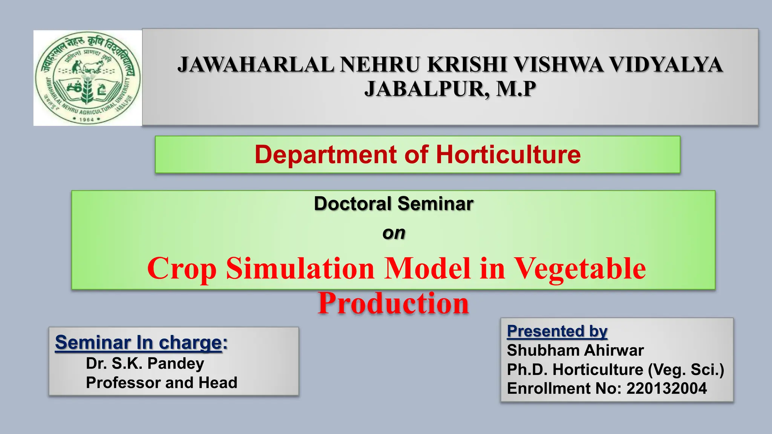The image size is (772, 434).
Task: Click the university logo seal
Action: (87, 78)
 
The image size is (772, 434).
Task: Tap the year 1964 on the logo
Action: (87, 119)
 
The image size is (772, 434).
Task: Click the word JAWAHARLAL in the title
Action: (256, 64)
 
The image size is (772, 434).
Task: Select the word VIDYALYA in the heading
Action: (666, 64)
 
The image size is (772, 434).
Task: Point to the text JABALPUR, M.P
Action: (450, 89)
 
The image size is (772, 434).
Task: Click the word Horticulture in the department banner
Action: (508, 154)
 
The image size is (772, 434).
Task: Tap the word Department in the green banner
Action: (326, 154)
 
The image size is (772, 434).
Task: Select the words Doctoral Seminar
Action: (393, 204)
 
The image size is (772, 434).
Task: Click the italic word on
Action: (394, 233)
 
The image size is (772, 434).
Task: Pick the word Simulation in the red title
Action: (300, 268)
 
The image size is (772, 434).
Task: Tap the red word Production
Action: (393, 303)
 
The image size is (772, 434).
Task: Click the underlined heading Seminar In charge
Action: (138, 342)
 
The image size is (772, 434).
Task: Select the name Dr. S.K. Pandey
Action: (145, 364)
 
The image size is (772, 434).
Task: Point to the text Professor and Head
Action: (161, 383)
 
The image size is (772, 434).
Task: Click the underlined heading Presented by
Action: (557, 331)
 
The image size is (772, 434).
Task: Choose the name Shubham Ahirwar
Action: (575, 350)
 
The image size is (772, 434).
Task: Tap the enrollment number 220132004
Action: (666, 388)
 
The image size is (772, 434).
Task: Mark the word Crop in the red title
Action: (182, 268)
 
